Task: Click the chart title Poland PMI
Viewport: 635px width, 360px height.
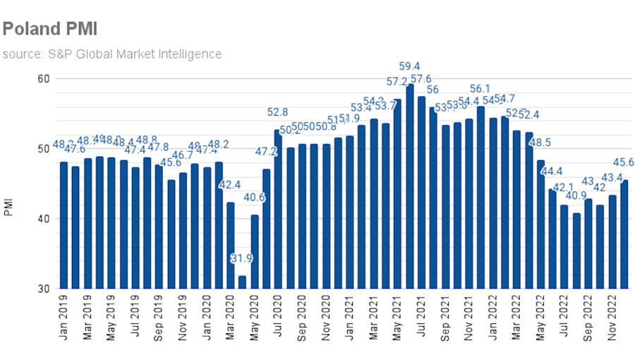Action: point(49,29)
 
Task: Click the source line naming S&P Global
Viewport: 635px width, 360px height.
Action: point(111,54)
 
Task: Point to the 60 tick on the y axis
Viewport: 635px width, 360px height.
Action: point(43,78)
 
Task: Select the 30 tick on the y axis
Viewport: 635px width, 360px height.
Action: point(43,289)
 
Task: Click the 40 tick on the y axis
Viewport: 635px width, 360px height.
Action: point(43,219)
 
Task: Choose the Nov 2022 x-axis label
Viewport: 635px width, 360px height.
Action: point(612,319)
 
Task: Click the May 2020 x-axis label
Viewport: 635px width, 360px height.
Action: point(255,319)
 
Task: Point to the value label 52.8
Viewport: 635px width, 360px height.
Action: point(277,112)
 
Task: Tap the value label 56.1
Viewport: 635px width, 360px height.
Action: point(480,89)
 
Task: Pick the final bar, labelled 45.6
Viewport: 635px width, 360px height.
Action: point(624,234)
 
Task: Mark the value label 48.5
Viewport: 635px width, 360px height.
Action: point(540,143)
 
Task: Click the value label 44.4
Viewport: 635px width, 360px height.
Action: point(551,171)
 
